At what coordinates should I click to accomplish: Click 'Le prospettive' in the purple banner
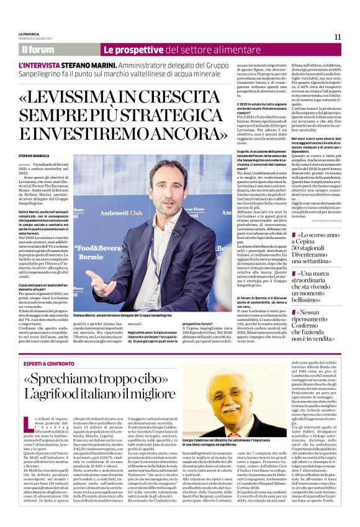pyautogui.click(x=128, y=49)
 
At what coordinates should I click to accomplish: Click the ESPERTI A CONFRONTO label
pyautogui.click(x=51, y=363)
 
